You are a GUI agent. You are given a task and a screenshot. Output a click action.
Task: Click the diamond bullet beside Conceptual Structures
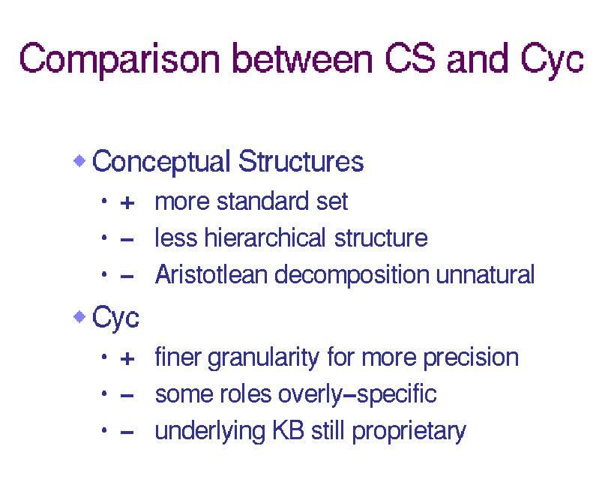(x=79, y=160)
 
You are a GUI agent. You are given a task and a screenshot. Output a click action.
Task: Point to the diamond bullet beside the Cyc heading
(x=79, y=316)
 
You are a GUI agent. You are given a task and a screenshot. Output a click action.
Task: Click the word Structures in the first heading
(x=301, y=161)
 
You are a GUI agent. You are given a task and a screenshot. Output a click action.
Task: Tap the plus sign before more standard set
(x=127, y=203)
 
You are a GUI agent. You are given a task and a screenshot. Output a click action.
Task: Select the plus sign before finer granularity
(x=127, y=358)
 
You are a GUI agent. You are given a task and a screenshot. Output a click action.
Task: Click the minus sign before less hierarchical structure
(x=127, y=239)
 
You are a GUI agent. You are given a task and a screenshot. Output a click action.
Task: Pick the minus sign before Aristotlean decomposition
(x=127, y=277)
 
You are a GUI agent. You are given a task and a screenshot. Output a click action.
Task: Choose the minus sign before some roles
(x=127, y=396)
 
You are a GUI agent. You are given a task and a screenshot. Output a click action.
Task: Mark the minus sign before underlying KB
(x=127, y=433)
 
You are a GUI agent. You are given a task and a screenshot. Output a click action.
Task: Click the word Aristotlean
(x=211, y=274)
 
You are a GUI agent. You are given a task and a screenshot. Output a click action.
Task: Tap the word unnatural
(x=485, y=274)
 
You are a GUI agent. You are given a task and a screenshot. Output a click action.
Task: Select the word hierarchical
(x=265, y=238)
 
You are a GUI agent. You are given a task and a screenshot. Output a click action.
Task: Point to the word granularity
(x=264, y=358)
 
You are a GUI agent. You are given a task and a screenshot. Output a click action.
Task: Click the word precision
(x=471, y=358)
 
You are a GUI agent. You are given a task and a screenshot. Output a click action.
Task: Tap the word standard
(x=260, y=201)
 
